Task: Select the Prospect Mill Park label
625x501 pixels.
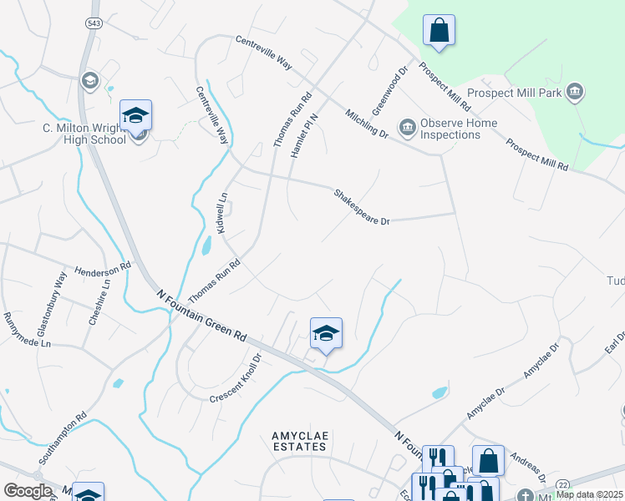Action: coord(514,94)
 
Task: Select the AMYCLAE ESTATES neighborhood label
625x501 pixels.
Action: coord(298,441)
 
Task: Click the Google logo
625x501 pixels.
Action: coord(28,491)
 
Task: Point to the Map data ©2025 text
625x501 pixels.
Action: coord(589,494)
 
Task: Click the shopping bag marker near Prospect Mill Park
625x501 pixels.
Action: coord(439,31)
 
